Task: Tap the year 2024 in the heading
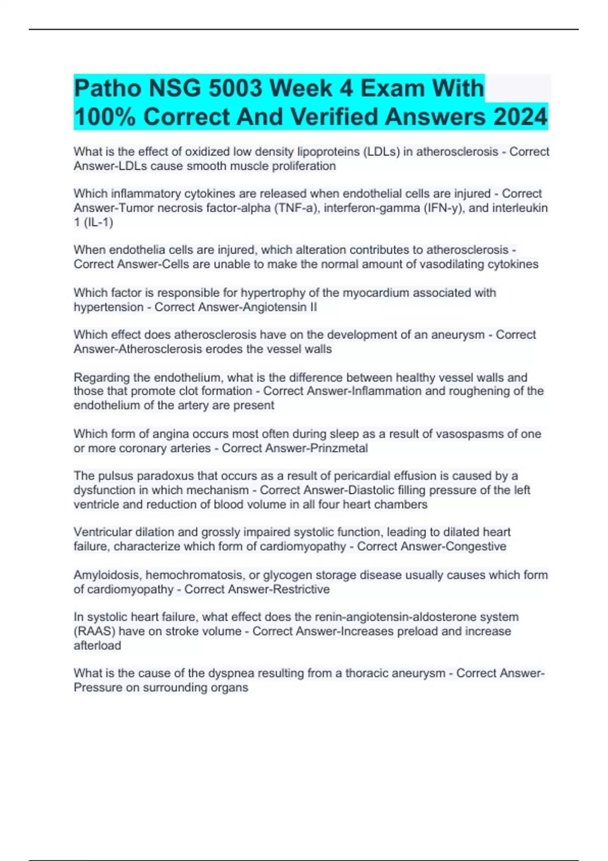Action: (x=521, y=117)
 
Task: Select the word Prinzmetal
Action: (x=338, y=448)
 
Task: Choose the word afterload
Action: (x=97, y=645)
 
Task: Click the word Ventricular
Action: (x=102, y=532)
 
